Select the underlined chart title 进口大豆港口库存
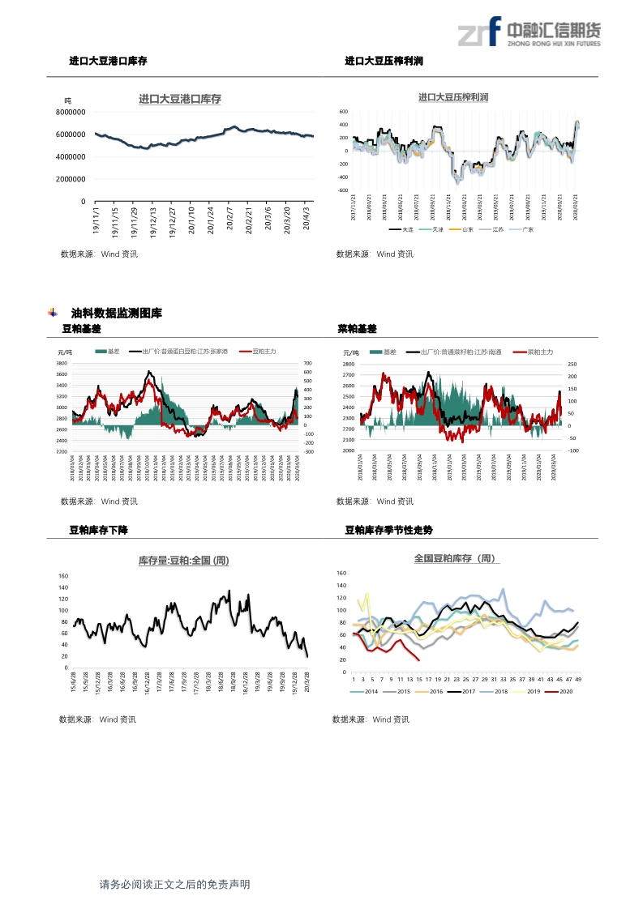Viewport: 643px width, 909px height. click(x=180, y=100)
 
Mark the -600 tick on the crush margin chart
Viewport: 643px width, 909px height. click(x=343, y=190)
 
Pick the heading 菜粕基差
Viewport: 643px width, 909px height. click(x=357, y=329)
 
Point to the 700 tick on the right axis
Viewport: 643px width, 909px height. click(x=307, y=364)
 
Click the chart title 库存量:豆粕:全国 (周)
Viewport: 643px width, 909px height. click(x=183, y=560)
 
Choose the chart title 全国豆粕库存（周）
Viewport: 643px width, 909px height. click(x=457, y=559)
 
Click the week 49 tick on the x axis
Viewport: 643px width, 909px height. click(x=578, y=679)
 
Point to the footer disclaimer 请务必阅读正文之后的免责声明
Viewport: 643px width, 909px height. click(x=174, y=885)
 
